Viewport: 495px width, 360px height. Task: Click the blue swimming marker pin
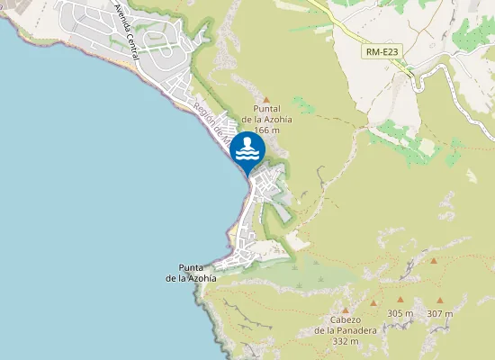[x=247, y=150]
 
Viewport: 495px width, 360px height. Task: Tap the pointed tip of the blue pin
[x=247, y=177]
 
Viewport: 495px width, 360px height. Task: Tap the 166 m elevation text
[x=266, y=130]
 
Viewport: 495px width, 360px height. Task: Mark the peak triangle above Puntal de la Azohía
[x=265, y=99]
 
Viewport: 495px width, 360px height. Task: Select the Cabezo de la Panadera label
[x=345, y=330]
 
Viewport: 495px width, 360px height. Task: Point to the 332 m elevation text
[x=346, y=342]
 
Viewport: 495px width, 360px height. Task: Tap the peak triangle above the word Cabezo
[x=345, y=310]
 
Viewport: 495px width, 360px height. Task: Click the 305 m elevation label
[x=400, y=313]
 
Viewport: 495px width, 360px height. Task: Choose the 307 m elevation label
[x=440, y=313]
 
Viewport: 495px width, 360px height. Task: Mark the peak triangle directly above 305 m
[x=400, y=300]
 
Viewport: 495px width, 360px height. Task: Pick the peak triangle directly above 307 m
[x=440, y=301]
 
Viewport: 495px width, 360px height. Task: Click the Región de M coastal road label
[x=213, y=121]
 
